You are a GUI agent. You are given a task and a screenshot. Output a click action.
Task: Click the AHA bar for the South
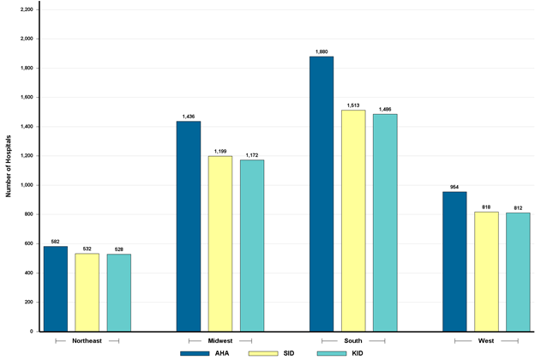322,194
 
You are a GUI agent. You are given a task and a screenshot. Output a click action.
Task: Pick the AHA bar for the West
454,261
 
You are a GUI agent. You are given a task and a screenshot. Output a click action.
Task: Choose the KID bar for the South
385,223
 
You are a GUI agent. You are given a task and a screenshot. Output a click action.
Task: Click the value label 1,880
322,52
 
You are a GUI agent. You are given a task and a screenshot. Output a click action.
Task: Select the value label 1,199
220,152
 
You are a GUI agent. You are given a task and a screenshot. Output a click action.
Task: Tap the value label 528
119,249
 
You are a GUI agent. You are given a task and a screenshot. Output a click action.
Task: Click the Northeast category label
87,340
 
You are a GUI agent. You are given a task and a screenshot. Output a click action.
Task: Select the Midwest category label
220,340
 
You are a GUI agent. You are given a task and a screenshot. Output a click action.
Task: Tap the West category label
486,340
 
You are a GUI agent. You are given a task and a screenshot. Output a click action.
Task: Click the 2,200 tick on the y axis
25,9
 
